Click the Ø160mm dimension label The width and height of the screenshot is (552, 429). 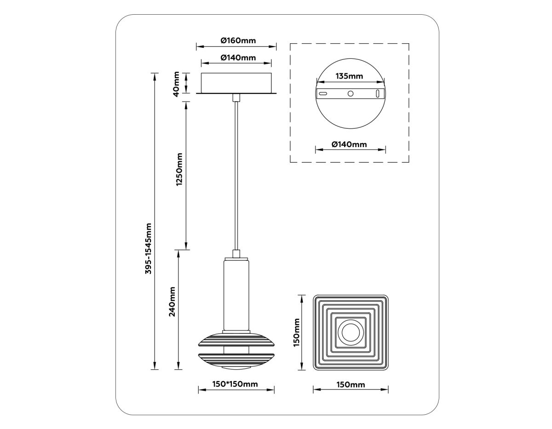238,40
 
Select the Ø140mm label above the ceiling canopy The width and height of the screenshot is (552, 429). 238,57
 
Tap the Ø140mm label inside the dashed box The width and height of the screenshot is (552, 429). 349,144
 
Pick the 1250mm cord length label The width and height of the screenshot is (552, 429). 179,169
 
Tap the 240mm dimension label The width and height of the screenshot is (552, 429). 172,302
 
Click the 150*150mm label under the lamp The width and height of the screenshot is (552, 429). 235,384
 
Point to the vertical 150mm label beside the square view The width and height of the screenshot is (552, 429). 297,332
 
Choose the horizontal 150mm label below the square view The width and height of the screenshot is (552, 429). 351,384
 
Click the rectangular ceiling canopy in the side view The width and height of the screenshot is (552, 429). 236,83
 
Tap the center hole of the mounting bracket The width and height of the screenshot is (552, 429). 351,93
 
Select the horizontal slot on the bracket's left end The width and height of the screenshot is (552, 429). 323,93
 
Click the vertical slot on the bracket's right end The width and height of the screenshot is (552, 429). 378,93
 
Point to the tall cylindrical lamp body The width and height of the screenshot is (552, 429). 236,294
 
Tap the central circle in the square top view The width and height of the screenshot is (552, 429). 351,332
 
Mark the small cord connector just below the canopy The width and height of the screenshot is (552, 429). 236,97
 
